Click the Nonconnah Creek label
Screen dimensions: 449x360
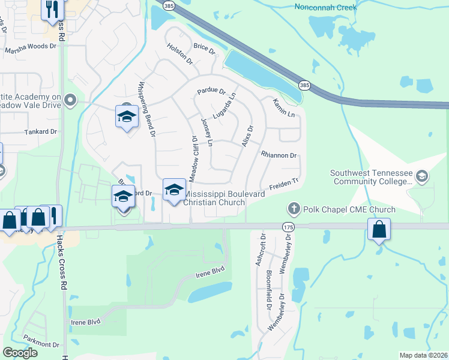click(326, 7)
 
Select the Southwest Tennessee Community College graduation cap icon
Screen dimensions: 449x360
click(422, 175)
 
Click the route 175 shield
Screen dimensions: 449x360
click(288, 226)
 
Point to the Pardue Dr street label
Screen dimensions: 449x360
click(210, 92)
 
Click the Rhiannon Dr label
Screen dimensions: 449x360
click(279, 155)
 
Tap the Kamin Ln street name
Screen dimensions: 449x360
click(284, 108)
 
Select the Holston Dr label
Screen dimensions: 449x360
click(179, 54)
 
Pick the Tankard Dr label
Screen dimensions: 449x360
click(40, 131)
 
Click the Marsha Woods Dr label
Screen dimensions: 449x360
click(30, 52)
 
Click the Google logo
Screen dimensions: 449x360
click(20, 353)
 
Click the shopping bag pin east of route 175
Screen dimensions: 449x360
click(379, 230)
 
